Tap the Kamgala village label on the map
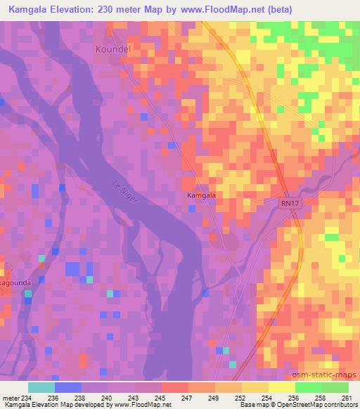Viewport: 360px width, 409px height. click(201, 195)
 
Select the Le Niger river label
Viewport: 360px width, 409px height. click(124, 191)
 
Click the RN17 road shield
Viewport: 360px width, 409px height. click(286, 202)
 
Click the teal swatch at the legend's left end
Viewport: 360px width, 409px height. click(41, 387)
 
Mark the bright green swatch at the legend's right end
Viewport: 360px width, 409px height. click(335, 387)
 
